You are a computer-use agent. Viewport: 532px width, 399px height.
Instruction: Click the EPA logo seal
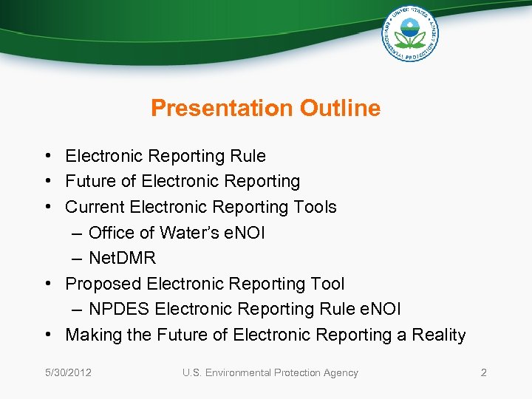(x=410, y=33)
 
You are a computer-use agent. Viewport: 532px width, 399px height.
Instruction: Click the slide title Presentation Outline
(x=265, y=109)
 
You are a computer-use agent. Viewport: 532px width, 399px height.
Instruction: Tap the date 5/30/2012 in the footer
(x=66, y=372)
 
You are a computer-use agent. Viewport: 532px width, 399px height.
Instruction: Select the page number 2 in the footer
(x=483, y=372)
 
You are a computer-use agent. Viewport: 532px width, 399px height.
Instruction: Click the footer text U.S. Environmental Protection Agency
(x=270, y=372)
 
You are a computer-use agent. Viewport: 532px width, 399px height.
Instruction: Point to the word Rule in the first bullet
(x=248, y=156)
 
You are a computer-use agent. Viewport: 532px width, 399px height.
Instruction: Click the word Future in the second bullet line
(x=90, y=182)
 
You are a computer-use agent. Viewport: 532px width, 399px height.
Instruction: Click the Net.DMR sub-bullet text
(x=122, y=259)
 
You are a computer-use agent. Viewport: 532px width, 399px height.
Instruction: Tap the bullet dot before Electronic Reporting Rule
(x=47, y=157)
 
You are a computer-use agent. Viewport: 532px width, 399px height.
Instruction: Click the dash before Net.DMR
(x=78, y=259)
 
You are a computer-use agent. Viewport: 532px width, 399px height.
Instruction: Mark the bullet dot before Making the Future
(x=47, y=335)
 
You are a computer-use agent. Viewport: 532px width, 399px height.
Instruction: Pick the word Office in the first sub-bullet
(x=111, y=233)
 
